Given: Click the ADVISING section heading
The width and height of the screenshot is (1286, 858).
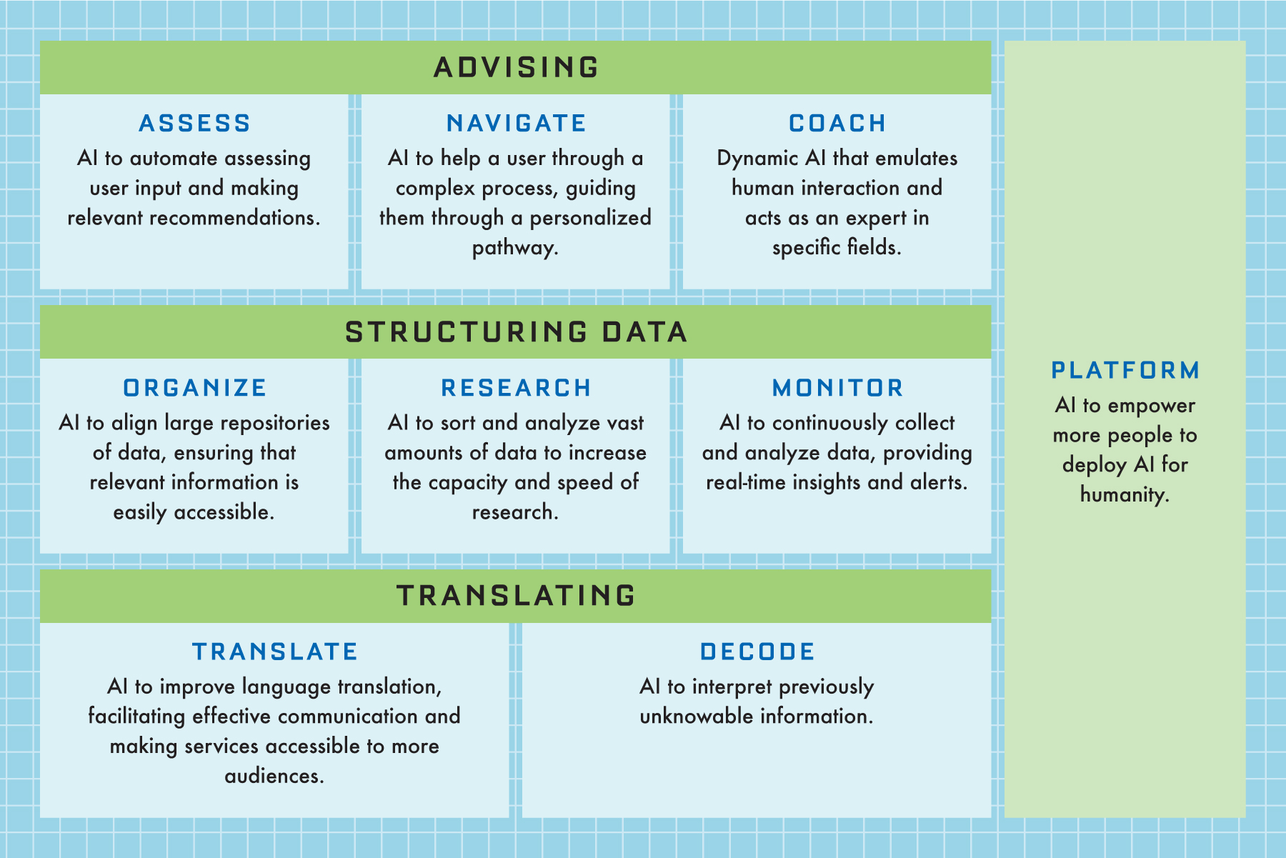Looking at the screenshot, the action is (516, 67).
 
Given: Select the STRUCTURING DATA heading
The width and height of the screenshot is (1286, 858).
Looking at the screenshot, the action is (516, 332).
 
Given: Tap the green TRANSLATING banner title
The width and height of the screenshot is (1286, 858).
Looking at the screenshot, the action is (516, 596).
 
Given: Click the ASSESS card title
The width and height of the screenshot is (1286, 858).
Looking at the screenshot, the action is (194, 124).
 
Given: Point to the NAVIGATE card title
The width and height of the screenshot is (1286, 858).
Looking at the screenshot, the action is (516, 124).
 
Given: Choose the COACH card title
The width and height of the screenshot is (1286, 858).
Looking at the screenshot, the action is (837, 124).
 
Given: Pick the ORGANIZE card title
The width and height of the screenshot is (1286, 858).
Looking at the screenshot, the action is (194, 388).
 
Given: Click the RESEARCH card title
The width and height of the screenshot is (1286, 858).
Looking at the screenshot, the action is (516, 388).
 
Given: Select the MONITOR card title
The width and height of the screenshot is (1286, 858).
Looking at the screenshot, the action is (837, 388).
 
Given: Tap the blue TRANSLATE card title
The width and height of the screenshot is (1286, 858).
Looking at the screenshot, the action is (275, 652).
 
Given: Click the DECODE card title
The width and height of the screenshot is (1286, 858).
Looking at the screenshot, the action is (757, 652).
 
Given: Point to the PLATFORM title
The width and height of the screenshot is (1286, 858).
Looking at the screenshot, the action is (1125, 370).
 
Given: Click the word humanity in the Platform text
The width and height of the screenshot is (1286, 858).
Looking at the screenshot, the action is (1125, 495).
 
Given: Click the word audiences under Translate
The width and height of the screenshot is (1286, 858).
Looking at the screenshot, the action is (274, 776).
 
